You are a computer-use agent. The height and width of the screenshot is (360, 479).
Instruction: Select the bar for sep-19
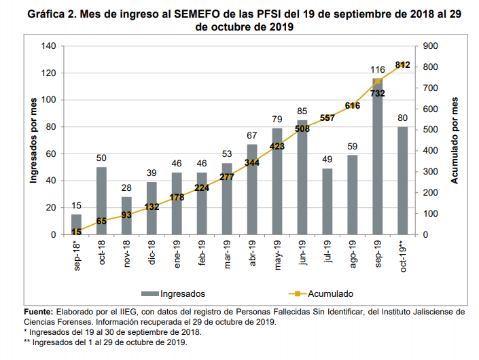[378, 157]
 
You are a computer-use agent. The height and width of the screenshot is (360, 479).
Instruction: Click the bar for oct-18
[102, 201]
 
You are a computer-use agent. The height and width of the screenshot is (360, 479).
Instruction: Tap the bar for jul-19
[327, 202]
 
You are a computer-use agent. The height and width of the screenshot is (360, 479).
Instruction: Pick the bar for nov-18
[126, 216]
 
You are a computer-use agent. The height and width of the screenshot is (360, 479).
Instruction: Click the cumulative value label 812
[402, 65]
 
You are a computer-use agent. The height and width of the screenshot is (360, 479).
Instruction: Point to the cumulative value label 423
[277, 145]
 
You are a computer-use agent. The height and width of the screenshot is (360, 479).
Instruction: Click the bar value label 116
[378, 70]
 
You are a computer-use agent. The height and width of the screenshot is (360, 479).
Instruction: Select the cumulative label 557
[327, 118]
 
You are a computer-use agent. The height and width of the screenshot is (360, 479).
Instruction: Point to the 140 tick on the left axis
[48, 46]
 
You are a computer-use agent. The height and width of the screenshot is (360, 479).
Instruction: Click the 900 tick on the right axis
[431, 46]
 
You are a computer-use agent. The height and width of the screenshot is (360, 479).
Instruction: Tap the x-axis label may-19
[277, 252]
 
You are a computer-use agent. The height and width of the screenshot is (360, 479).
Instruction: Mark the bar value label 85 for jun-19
[302, 112]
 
